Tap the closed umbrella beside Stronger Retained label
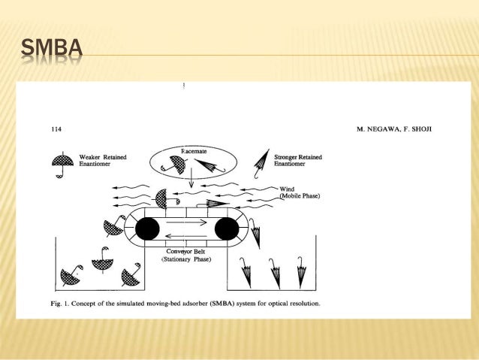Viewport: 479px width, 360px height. click(262, 160)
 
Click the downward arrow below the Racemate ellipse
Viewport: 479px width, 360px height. click(191, 180)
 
